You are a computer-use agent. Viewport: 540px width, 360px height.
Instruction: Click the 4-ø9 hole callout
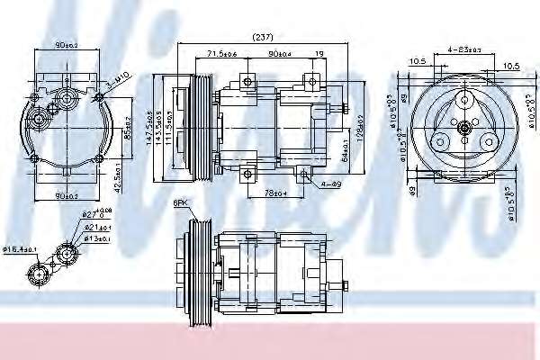[331, 185]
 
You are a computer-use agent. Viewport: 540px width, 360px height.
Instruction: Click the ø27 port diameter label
[91, 214]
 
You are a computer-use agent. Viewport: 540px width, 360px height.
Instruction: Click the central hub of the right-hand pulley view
[463, 130]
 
